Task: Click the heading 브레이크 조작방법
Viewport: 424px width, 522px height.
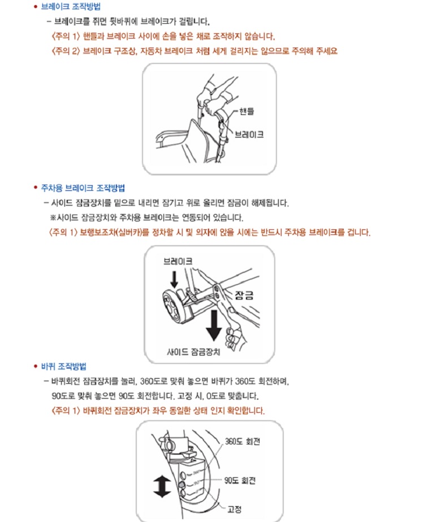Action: click(x=71, y=7)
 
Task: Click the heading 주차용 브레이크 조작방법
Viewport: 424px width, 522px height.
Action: click(x=83, y=188)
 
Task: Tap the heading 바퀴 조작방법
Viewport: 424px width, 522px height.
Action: click(x=63, y=366)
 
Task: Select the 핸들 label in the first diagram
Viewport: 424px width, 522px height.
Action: click(x=246, y=111)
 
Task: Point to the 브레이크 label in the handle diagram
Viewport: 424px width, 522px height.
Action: click(x=249, y=135)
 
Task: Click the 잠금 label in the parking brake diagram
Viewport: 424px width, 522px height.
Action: click(x=244, y=296)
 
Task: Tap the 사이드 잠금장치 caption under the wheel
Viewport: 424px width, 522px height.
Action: click(x=193, y=352)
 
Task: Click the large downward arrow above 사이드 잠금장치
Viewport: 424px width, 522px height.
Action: click(x=214, y=325)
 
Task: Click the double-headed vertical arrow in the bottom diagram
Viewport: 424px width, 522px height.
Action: click(x=162, y=486)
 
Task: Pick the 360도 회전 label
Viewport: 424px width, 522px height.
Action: click(x=243, y=442)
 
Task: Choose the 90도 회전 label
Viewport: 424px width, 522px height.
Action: click(x=240, y=480)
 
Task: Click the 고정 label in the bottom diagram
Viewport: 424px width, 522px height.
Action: click(x=235, y=509)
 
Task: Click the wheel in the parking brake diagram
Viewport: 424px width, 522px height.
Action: click(x=174, y=306)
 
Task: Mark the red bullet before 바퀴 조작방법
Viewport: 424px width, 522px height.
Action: click(x=36, y=366)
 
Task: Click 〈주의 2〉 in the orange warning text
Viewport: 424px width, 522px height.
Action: click(x=66, y=51)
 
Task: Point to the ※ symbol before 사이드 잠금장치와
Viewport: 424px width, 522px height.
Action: click(x=53, y=218)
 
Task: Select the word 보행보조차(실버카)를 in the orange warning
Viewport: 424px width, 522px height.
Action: click(x=114, y=232)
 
